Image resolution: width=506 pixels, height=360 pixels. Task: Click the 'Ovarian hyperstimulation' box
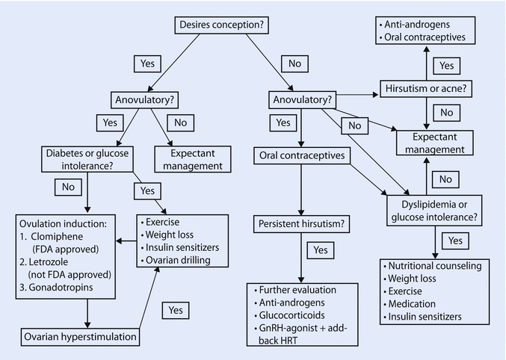point(80,336)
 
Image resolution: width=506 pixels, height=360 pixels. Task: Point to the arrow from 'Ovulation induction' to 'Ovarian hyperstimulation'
point(89,313)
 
